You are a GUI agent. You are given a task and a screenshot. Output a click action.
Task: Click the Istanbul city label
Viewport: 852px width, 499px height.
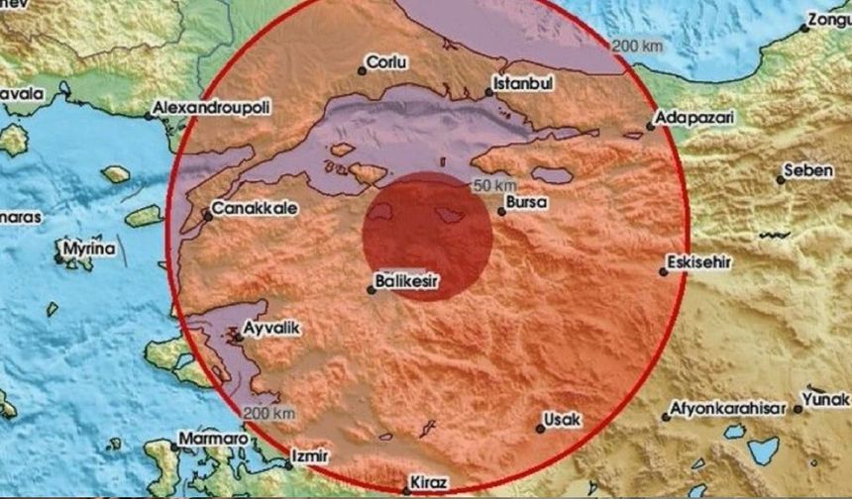pyautogui.click(x=522, y=82)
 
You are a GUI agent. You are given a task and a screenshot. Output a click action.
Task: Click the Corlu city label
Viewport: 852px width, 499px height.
pyautogui.click(x=387, y=61)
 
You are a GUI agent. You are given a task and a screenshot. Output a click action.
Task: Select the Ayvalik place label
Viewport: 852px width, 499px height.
pyautogui.click(x=270, y=326)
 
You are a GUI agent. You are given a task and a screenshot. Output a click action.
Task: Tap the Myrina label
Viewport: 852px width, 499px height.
pyautogui.click(x=89, y=248)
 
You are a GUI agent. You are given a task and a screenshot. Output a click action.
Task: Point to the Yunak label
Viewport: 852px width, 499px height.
pyautogui.click(x=825, y=401)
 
